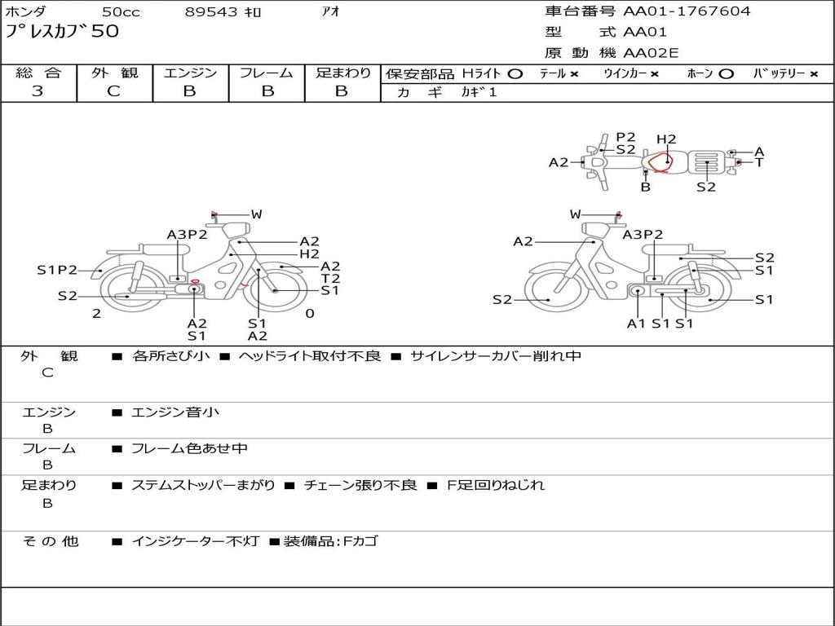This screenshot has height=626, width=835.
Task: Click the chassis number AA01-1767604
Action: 687,11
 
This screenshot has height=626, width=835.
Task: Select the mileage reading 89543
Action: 211,11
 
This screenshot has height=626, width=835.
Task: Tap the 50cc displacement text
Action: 121,11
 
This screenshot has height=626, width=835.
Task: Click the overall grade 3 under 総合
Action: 38,91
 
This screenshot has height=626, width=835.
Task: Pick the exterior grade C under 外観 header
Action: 113,91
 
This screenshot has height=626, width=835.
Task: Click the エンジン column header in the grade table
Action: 190,73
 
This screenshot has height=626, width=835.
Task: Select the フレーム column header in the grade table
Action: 267,73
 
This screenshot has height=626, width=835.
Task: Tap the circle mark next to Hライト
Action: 515,74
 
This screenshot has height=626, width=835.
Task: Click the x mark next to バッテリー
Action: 814,74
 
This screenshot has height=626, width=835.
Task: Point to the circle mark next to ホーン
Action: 726,74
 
